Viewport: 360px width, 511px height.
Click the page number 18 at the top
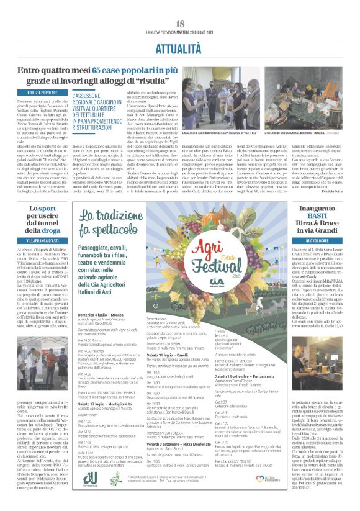(180, 6)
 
